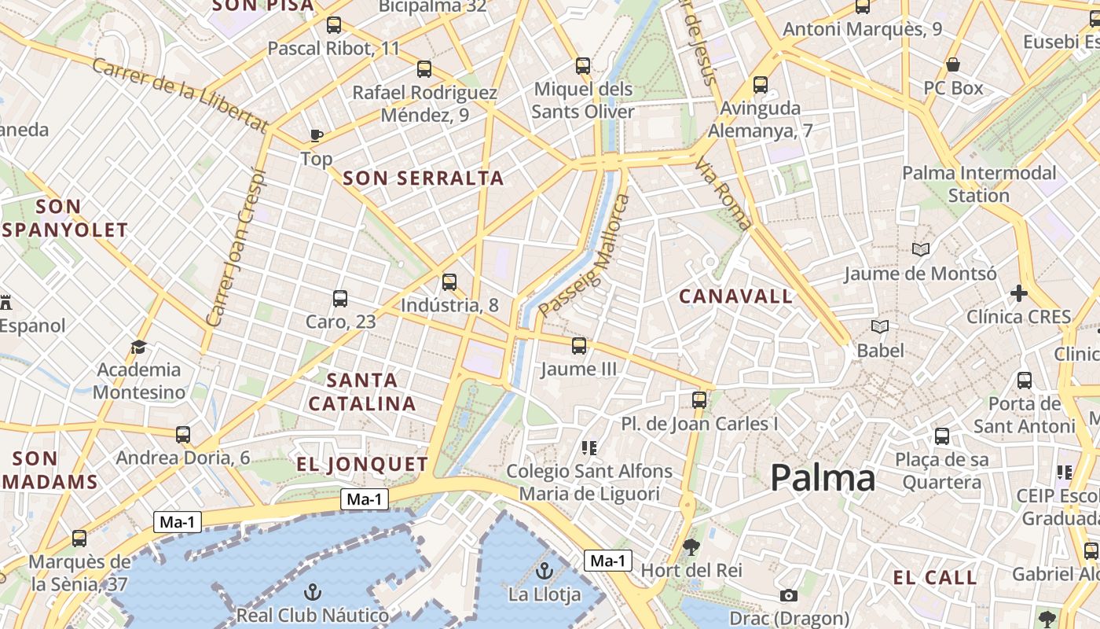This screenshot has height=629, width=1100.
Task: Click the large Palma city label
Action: [823, 478]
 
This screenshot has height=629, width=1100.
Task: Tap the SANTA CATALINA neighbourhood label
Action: [362, 392]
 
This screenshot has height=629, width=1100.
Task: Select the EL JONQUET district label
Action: [362, 464]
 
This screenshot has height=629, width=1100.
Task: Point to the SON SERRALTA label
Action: [423, 178]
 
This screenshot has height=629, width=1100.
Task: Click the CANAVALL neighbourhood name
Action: [736, 296]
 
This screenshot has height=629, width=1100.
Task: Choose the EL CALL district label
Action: [935, 578]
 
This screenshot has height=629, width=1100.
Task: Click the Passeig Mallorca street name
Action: [585, 257]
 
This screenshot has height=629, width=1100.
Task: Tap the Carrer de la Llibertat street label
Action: [180, 94]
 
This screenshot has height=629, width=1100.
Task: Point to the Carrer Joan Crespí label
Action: [236, 248]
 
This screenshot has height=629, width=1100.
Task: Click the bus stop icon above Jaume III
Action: [579, 345]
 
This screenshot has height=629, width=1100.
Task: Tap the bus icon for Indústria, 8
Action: [449, 281]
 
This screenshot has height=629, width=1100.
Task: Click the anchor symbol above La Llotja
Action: [544, 571]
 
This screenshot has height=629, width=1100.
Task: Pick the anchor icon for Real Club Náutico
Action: [313, 591]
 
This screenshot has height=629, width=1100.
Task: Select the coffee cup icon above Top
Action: [317, 135]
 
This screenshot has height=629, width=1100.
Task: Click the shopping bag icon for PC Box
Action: [953, 64]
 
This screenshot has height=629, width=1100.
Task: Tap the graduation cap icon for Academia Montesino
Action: [139, 347]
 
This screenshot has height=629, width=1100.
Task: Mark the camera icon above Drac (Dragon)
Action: [789, 596]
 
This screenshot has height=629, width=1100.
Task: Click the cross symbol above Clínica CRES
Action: [1019, 294]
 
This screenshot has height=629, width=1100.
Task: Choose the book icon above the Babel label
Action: [880, 326]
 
